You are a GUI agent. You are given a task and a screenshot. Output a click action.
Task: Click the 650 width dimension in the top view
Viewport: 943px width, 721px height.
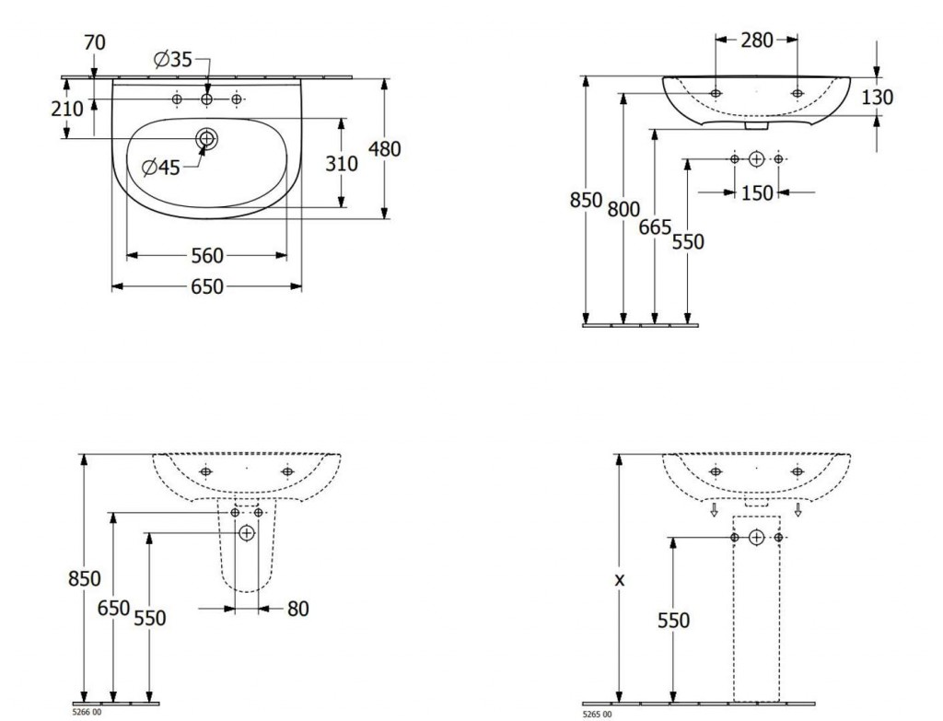click(207, 287)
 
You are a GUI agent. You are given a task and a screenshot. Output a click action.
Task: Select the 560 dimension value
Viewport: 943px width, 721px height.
click(207, 256)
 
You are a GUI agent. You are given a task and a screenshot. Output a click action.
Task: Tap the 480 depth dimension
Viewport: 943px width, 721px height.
click(384, 148)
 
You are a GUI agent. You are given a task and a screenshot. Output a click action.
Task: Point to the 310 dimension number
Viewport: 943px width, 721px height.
click(342, 163)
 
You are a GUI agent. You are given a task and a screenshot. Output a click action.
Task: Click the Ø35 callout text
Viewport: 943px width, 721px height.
click(172, 60)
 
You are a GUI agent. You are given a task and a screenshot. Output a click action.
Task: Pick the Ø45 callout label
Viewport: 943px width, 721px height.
click(161, 168)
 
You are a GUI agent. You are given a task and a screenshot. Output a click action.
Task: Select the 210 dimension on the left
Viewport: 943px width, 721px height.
click(66, 110)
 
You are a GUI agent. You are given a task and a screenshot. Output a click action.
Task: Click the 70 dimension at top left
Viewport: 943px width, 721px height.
click(95, 42)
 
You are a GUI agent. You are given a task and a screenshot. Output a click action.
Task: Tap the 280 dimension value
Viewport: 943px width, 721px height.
click(757, 41)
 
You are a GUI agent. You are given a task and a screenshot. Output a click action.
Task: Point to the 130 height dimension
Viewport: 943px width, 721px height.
click(878, 97)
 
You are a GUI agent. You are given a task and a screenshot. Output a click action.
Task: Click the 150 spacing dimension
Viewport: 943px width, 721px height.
click(757, 193)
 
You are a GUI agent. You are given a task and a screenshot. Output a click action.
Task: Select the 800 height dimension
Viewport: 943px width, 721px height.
click(623, 209)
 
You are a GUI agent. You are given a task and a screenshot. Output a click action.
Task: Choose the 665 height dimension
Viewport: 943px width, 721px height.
click(655, 227)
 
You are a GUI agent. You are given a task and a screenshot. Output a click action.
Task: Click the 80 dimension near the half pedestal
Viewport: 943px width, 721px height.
click(298, 610)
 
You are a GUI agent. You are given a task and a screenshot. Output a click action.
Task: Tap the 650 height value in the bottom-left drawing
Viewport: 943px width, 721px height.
click(113, 609)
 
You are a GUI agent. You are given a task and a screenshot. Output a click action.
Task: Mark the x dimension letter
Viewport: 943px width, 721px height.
click(620, 580)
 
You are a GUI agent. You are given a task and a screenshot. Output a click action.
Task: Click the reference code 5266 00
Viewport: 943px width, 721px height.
click(87, 713)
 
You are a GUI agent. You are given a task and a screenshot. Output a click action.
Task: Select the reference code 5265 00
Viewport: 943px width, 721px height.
click(597, 715)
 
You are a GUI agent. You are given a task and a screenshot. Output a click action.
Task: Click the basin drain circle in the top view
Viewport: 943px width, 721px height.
click(206, 139)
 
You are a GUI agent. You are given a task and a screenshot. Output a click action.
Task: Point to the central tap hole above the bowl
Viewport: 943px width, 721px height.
click(206, 99)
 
